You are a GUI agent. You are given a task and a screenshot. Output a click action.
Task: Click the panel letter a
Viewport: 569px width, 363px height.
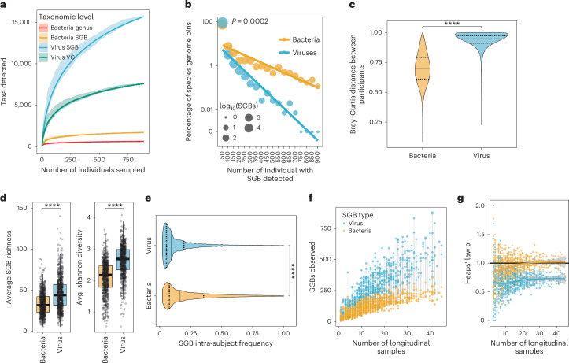6,7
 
